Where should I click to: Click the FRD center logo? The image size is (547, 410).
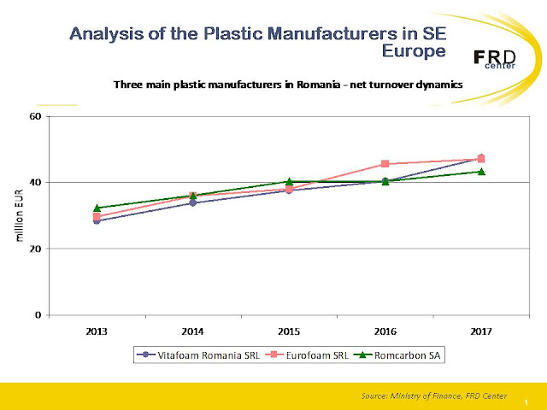click(494, 59)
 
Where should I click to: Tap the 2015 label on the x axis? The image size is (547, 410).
click(289, 331)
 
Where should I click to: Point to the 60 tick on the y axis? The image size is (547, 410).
click(35, 116)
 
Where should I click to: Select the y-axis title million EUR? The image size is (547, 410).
click(19, 215)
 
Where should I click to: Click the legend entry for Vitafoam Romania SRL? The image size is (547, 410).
click(198, 355)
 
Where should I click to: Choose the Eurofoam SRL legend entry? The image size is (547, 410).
click(307, 355)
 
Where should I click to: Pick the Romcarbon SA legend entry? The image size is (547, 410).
click(397, 355)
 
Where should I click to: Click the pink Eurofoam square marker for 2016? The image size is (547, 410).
click(385, 164)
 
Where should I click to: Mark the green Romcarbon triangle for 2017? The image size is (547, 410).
click(481, 171)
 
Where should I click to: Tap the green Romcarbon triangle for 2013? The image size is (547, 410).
click(97, 208)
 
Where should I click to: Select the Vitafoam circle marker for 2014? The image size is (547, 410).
click(193, 202)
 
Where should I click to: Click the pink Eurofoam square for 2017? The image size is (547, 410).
click(481, 159)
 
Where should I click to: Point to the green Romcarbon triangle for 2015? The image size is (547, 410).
click(289, 181)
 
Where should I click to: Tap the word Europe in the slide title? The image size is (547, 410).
click(414, 51)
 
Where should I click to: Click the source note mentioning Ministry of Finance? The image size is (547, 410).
click(434, 396)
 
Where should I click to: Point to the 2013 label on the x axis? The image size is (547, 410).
click(97, 331)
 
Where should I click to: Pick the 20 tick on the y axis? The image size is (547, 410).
click(35, 249)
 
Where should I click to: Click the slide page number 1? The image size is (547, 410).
click(526, 403)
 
